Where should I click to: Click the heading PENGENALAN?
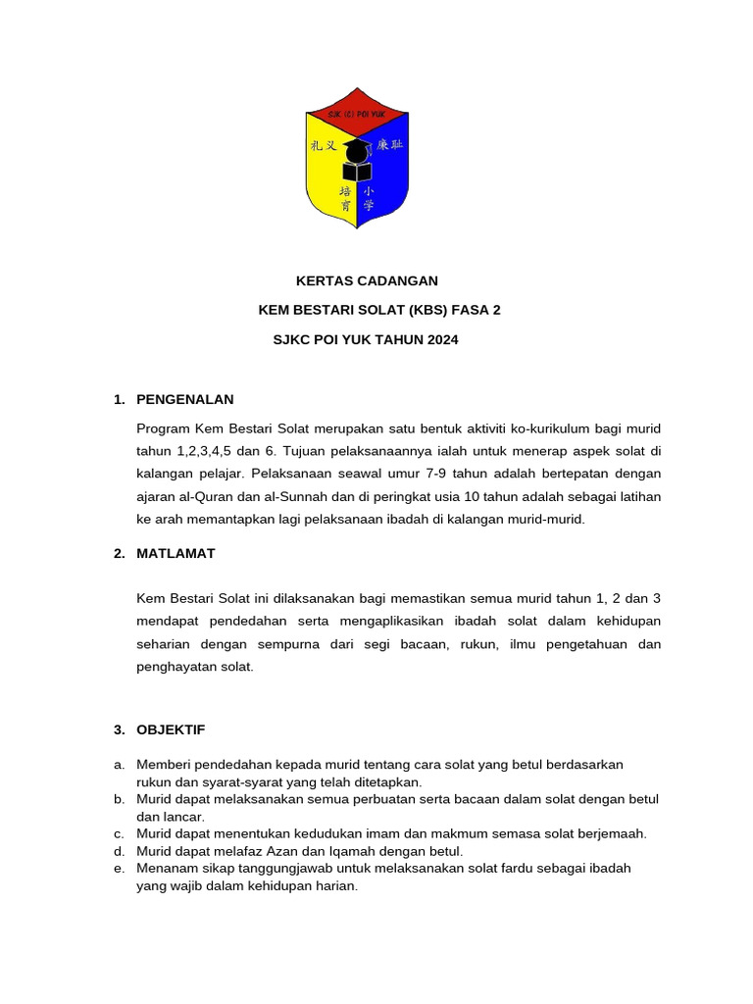tap(184, 399)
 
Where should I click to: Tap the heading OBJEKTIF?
tap(171, 729)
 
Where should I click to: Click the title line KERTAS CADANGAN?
tap(367, 280)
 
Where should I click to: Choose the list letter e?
tap(118, 869)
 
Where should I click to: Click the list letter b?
tap(118, 799)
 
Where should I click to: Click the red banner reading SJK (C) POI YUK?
tap(357, 114)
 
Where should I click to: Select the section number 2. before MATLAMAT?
tap(119, 553)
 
